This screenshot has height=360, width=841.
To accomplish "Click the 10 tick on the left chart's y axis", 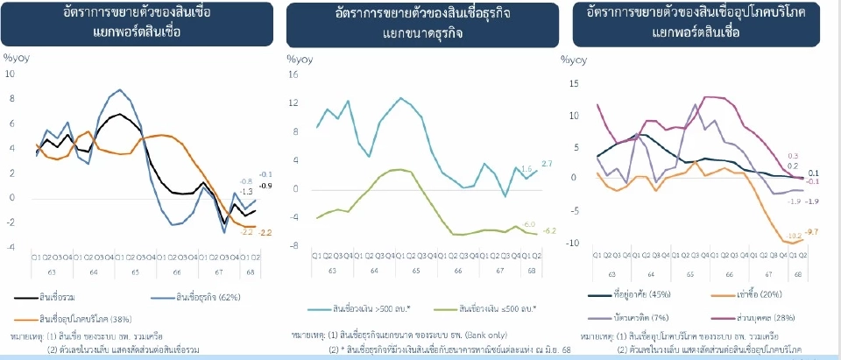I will pos(11,74).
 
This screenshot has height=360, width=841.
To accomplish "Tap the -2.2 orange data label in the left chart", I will pos(266,232).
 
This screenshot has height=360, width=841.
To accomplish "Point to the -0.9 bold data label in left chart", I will pos(266,186).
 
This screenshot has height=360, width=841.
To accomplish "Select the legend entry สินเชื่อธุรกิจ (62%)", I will pos(191,296).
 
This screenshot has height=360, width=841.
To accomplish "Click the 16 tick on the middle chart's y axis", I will pos(293,75).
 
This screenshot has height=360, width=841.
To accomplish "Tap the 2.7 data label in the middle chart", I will pos(547,165).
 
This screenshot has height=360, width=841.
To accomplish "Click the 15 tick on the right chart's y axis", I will pos(575,84).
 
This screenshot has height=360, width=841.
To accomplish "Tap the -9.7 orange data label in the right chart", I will pos(811,232).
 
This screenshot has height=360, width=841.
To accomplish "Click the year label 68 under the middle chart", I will pos(534,272).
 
